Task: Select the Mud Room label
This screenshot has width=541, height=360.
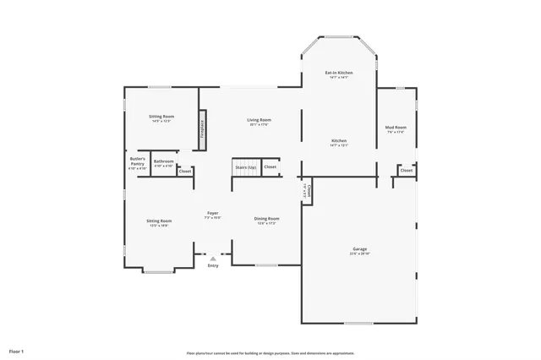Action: point(396,129)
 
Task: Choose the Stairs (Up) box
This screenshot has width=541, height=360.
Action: point(246,167)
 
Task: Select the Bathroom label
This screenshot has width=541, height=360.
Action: point(164,162)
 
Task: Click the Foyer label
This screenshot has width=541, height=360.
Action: point(213,215)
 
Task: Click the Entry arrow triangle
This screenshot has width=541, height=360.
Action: point(213,259)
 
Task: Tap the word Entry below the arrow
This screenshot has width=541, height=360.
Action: point(213,266)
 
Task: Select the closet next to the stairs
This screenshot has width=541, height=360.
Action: point(270,167)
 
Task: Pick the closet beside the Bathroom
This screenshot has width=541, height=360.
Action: point(185,172)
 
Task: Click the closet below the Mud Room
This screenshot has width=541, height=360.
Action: point(407,171)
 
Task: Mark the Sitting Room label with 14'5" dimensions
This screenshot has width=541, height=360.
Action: point(161,117)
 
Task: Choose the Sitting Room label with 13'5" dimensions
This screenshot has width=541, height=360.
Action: point(160,223)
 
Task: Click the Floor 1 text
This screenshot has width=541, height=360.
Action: point(17,350)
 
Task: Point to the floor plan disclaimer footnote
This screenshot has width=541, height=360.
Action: point(270,353)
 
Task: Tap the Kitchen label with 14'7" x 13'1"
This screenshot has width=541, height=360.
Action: point(339,142)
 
